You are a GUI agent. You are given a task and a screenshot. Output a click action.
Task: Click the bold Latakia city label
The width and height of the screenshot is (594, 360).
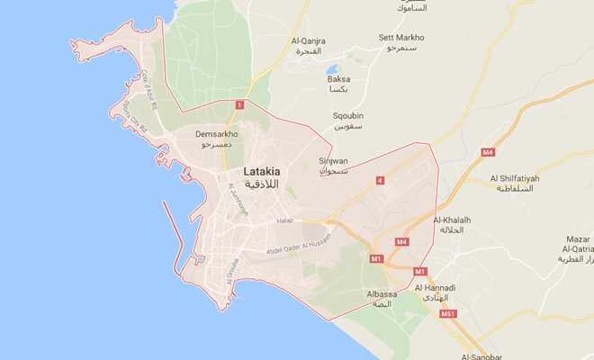pyautogui.click(x=261, y=171)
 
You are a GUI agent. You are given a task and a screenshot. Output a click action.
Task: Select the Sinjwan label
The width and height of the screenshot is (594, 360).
pyautogui.click(x=333, y=161)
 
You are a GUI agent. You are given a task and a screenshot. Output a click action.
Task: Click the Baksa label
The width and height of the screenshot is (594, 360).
pyautogui.click(x=338, y=79)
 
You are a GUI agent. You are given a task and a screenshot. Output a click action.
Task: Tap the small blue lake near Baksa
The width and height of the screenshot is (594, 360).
pyautogui.click(x=332, y=68)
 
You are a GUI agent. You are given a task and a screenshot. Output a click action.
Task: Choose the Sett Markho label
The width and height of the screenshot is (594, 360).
pyautogui.click(x=401, y=38)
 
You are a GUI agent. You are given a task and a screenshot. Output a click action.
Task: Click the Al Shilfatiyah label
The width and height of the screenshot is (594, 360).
pyautogui.click(x=515, y=179)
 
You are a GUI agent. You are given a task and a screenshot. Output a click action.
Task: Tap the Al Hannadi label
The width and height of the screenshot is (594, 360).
pyautogui.click(x=436, y=288)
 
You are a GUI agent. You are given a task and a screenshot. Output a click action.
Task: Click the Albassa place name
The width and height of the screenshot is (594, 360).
pyautogui.click(x=382, y=294)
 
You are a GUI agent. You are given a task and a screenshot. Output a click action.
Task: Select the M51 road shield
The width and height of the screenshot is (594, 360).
pyautogui.click(x=447, y=314)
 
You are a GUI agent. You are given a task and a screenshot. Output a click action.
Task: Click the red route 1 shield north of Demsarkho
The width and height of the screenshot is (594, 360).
pyautogui.click(x=238, y=106)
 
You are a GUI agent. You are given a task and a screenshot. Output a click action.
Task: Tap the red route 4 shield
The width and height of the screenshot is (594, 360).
pyautogui.click(x=380, y=181)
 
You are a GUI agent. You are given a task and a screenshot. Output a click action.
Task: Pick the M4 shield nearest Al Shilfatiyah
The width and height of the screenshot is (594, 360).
pyautogui.click(x=488, y=152)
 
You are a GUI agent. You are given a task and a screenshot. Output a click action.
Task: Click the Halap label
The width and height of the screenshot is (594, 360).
pyautogui.click(x=285, y=220)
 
